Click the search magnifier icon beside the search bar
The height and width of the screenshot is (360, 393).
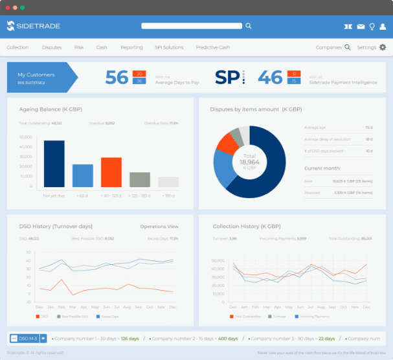tap(248, 26)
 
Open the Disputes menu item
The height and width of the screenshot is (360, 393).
tap(52, 47)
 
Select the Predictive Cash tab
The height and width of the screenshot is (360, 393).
tap(212, 47)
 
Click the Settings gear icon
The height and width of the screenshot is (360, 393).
tap(383, 47)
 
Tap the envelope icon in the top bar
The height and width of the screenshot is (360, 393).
tap(361, 27)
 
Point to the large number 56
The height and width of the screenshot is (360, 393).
tap(117, 77)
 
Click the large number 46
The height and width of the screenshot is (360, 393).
tap(270, 77)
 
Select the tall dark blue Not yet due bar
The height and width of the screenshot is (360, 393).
tap(54, 164)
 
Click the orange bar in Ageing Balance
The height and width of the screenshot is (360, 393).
tap(111, 172)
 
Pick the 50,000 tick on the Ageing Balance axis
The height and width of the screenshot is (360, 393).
tap(26, 137)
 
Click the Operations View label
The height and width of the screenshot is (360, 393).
tap(159, 227)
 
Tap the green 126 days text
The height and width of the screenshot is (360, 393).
tap(129, 338)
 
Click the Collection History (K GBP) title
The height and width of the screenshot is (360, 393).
tap(246, 227)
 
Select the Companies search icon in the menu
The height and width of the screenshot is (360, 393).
tap(348, 47)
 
